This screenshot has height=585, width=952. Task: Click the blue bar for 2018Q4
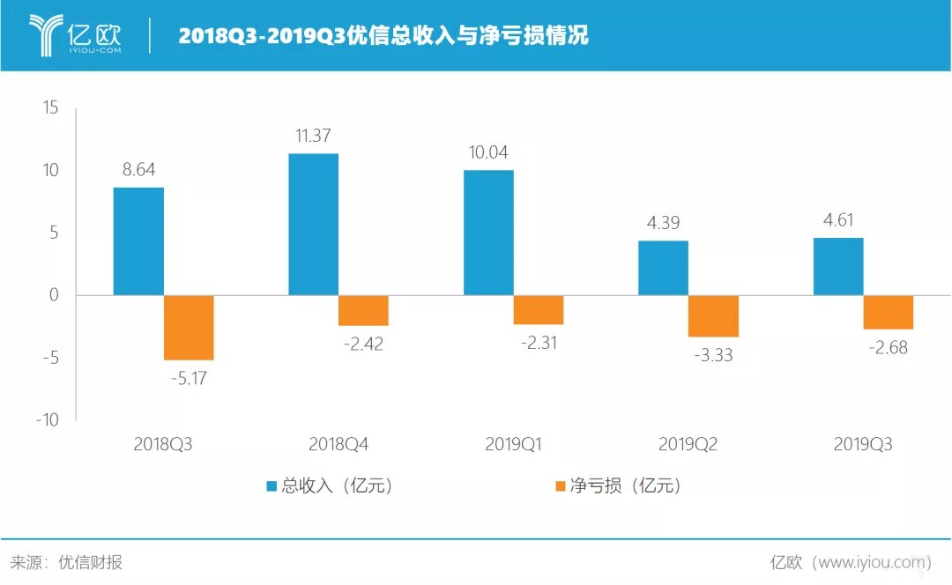point(313,225)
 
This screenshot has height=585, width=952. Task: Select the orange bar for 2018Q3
point(189,328)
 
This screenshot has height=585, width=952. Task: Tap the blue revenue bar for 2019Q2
point(663,268)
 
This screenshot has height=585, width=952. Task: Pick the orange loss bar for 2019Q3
point(889,312)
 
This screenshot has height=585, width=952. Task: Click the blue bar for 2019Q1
point(488,233)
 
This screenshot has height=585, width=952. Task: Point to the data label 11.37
point(313,136)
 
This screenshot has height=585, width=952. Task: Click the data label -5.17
point(189,379)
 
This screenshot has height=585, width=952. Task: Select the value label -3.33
point(714,356)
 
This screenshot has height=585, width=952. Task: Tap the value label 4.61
point(837,220)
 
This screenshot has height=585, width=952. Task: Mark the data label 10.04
point(487,152)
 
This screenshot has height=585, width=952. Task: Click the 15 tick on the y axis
point(49,107)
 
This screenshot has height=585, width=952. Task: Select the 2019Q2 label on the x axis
point(688,445)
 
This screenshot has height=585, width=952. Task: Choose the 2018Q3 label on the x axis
point(163,445)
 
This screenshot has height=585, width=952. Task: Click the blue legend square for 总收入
point(272,486)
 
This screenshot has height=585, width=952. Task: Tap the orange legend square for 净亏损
point(559,486)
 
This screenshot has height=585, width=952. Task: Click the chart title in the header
point(383,36)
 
